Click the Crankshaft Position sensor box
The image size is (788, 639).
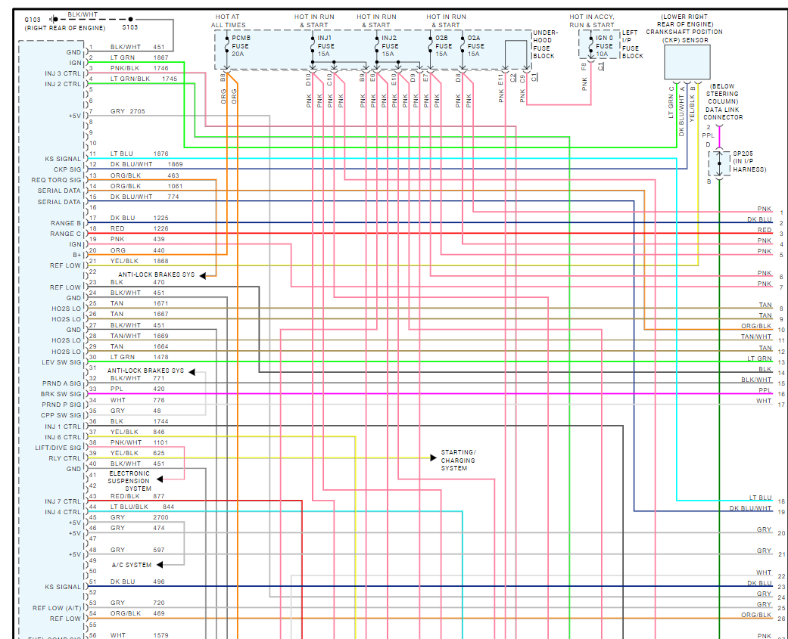tap(687, 62)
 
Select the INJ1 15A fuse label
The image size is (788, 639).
tap(325, 46)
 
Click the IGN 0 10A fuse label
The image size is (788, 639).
tap(604, 46)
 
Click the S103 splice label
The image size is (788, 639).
tap(130, 27)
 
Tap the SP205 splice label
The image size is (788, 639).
tap(743, 153)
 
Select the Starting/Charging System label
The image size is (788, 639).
tap(458, 461)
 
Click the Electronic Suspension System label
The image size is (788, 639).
tap(129, 481)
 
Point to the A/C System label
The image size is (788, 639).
tap(131, 565)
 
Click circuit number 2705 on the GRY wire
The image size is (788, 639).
tap(137, 111)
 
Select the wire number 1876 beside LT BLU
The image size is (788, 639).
tap(160, 154)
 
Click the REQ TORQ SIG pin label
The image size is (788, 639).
tap(55, 180)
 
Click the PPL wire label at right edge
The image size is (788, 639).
tap(765, 390)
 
